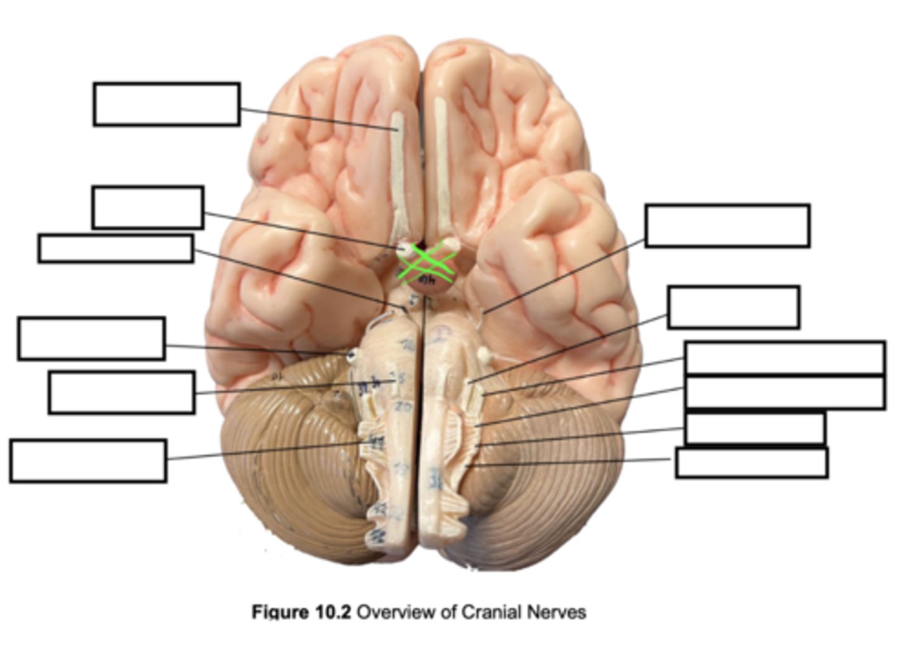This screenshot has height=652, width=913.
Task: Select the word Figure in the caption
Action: tap(280, 612)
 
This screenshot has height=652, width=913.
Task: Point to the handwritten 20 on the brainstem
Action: tap(402, 407)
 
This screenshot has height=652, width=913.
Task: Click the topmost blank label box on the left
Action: tap(166, 104)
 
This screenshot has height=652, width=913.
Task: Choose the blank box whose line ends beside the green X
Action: tap(148, 207)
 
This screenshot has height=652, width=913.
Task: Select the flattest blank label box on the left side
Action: tap(115, 248)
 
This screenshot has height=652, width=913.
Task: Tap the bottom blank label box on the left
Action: tap(88, 460)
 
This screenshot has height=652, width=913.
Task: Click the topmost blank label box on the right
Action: tap(727, 225)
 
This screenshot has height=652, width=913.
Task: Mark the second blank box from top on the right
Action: tap(733, 307)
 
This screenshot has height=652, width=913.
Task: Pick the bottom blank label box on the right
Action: tap(751, 462)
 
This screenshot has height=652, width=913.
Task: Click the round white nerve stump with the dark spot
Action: tap(351, 355)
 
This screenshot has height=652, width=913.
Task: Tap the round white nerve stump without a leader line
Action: tap(486, 356)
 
